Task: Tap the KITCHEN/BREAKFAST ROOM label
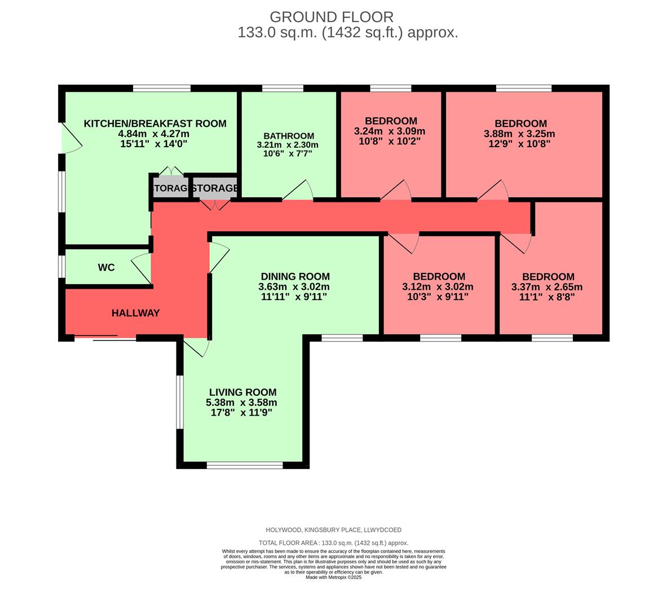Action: [155, 123]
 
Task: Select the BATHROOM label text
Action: [289, 136]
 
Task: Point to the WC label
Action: [106, 267]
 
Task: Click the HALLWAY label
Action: [135, 313]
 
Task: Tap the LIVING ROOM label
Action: [242, 392]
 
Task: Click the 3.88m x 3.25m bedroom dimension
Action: [519, 134]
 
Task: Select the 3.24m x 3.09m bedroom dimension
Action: [390, 131]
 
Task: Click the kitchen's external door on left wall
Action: [70, 138]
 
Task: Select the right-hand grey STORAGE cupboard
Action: [214, 188]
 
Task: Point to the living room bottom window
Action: [244, 465]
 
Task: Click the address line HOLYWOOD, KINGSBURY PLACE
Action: [333, 530]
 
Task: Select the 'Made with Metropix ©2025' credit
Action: [333, 577]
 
